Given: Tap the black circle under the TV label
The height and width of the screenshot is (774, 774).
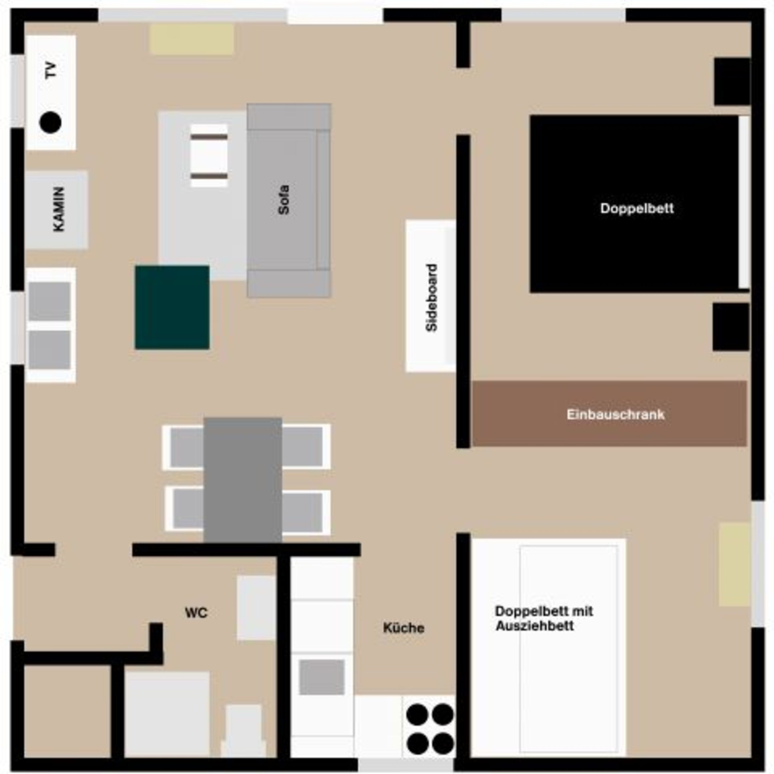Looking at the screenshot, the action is click(x=51, y=122).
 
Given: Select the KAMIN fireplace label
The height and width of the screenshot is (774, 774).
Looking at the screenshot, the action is click(x=59, y=209).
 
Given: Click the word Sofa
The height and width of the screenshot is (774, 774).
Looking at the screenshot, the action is click(x=284, y=200).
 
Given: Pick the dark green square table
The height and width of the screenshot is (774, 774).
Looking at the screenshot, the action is click(x=172, y=307).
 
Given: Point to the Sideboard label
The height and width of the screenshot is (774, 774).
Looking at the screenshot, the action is click(x=431, y=298).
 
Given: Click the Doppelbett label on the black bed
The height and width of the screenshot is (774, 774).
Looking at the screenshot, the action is click(x=637, y=208).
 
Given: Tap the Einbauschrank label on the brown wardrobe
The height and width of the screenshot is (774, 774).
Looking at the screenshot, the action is click(x=616, y=414).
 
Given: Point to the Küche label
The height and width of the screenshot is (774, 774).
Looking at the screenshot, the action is click(x=404, y=628).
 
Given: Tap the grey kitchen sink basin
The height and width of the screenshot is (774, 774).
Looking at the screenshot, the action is click(x=322, y=677).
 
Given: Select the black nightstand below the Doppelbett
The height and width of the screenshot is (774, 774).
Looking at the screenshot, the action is click(x=731, y=327).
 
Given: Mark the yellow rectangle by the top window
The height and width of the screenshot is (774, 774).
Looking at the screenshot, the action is click(x=191, y=39).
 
